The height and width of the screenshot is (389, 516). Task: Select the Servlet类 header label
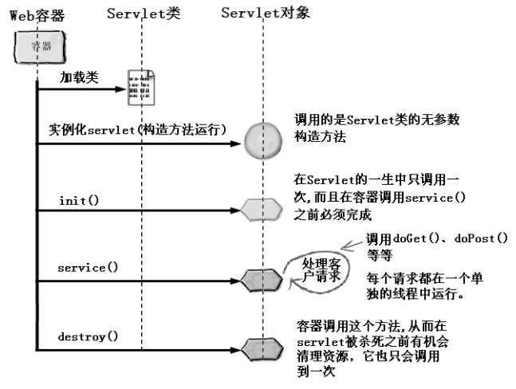(x=144, y=14)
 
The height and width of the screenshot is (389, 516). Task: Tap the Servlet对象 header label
(x=266, y=14)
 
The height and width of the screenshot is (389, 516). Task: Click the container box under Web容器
(x=36, y=49)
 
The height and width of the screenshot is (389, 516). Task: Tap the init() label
(x=79, y=199)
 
